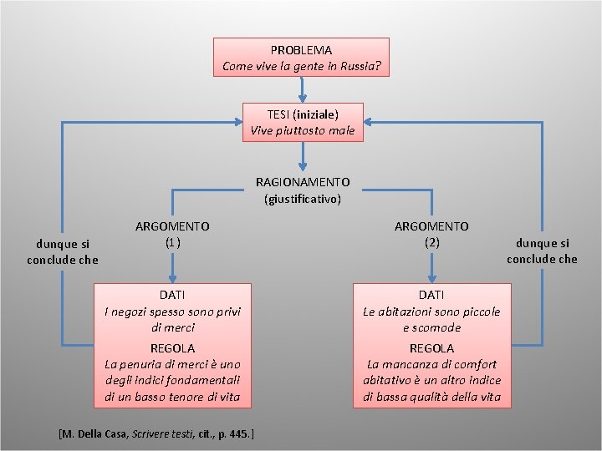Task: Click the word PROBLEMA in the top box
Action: coord(301,50)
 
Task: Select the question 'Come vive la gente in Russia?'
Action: coord(301,66)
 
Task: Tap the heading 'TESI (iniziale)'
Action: coord(303,114)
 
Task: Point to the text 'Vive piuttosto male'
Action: coord(303,130)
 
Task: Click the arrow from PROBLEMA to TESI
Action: coord(302,89)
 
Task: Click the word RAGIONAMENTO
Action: coord(303,181)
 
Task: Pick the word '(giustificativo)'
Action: coord(303,199)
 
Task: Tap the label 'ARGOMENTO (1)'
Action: coord(172,234)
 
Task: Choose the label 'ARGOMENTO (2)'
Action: coord(431,234)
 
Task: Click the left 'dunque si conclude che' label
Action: coord(63,251)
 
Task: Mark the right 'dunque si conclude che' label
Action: coord(542,251)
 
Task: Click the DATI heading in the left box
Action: coord(172,295)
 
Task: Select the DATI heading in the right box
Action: coord(431,295)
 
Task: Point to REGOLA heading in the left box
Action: coord(172,347)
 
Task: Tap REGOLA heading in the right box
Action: coord(431,347)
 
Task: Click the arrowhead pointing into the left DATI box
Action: coord(172,279)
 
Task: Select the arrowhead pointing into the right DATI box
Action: coord(431,279)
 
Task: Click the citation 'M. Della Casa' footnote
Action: coord(156,434)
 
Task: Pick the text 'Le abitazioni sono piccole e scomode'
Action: coord(431,319)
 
